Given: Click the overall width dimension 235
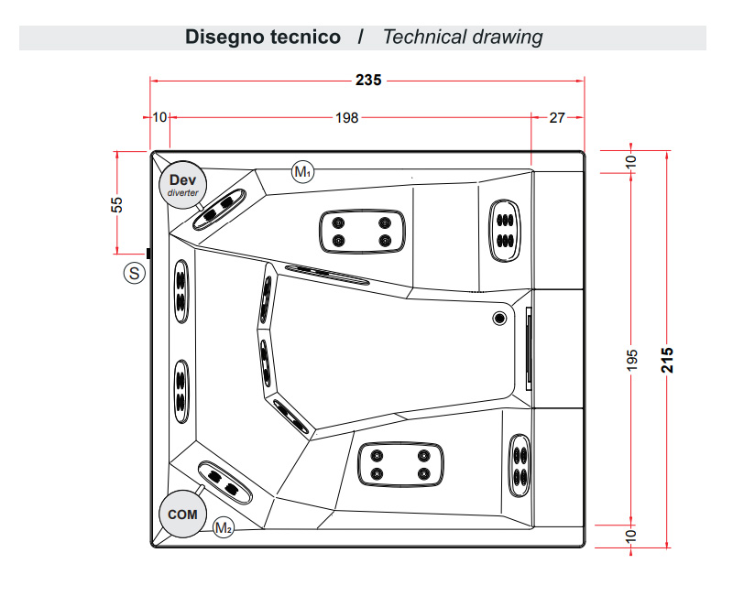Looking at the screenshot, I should pyautogui.click(x=367, y=81).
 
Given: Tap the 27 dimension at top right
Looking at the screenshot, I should pyautogui.click(x=557, y=117).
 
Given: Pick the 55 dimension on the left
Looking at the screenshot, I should pyautogui.click(x=117, y=204).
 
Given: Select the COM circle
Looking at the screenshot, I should pyautogui.click(x=182, y=515).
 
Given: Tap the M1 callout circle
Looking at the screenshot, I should pyautogui.click(x=302, y=171).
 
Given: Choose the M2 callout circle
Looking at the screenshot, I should pyautogui.click(x=223, y=526).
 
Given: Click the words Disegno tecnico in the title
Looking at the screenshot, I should pyautogui.click(x=263, y=38).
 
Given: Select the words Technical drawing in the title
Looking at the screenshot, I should pyautogui.click(x=463, y=38).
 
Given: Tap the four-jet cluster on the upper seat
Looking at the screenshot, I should pyautogui.click(x=361, y=231).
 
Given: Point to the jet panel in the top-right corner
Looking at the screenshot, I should pyautogui.click(x=504, y=230).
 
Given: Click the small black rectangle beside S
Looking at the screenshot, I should pyautogui.click(x=148, y=253).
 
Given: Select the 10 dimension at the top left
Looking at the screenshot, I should pyautogui.click(x=159, y=117).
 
